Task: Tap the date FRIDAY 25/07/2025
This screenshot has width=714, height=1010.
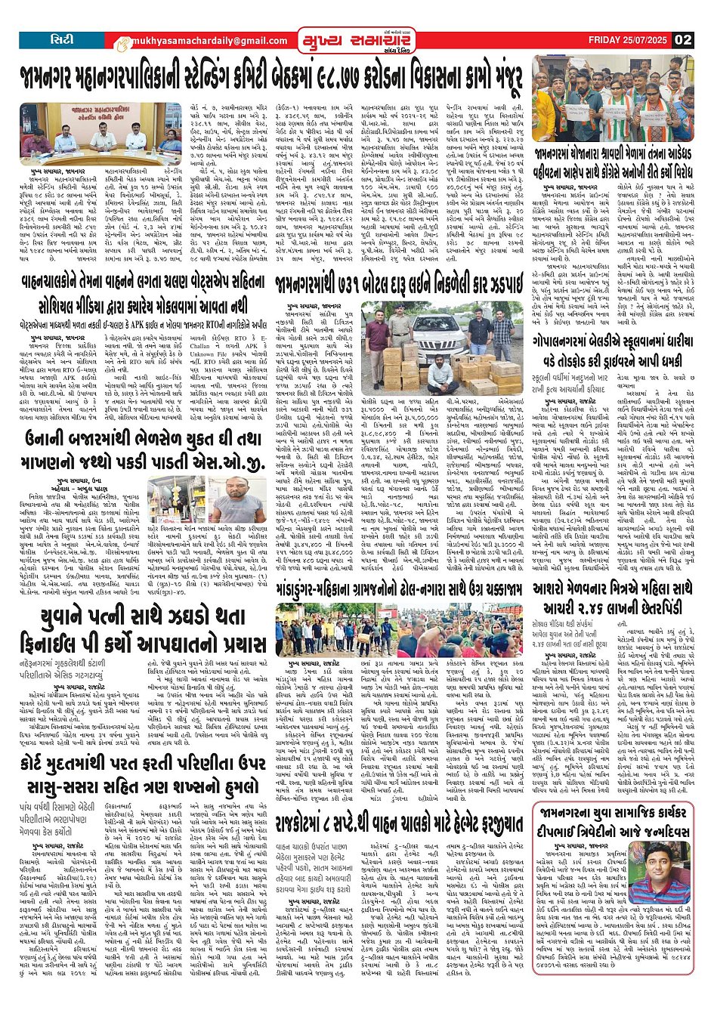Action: coord(631,40)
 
